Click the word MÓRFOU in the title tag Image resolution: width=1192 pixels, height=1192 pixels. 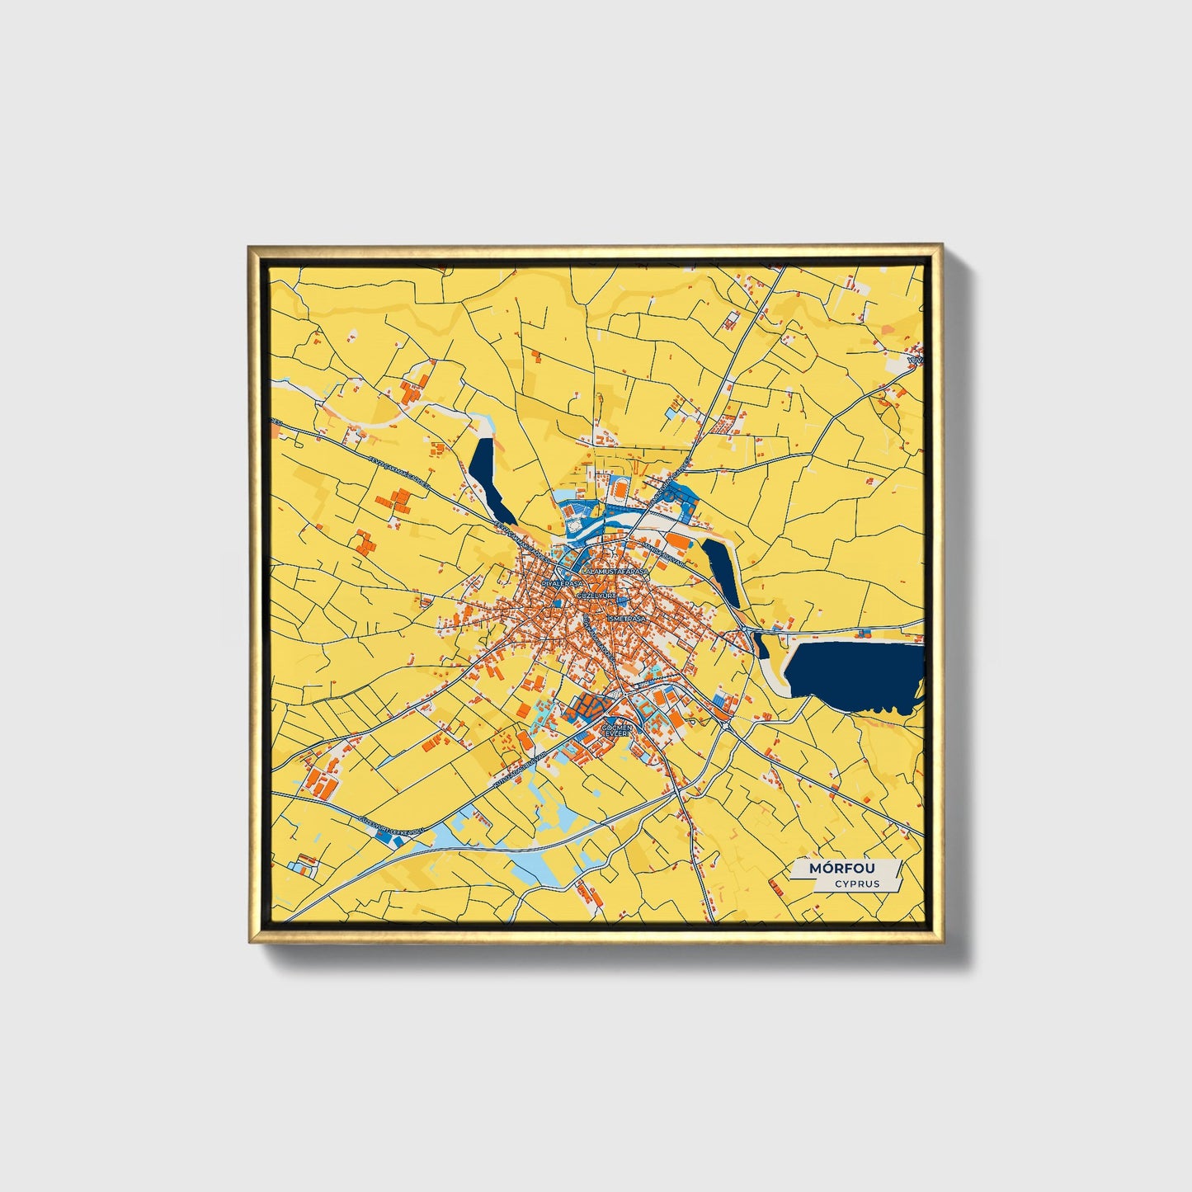(x=841, y=869)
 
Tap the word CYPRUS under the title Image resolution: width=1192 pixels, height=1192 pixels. (x=856, y=884)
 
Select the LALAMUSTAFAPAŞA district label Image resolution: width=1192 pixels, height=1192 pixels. (x=615, y=571)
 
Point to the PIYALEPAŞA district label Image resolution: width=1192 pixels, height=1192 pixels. (x=562, y=582)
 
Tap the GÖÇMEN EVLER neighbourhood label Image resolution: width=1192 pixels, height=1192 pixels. (x=617, y=731)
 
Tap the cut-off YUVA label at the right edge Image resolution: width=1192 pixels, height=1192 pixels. (x=913, y=360)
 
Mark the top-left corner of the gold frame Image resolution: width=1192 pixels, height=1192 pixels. (x=250, y=247)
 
